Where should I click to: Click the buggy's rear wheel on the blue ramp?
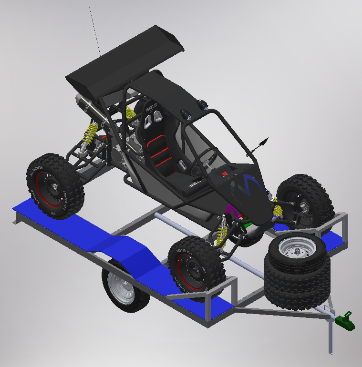(55, 186)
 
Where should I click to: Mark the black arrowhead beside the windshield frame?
(263, 141)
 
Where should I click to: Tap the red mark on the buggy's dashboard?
(224, 174)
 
